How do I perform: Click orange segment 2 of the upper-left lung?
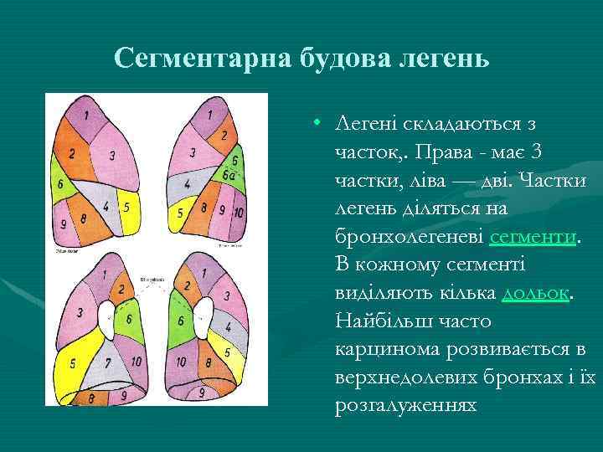(x=73, y=153)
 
